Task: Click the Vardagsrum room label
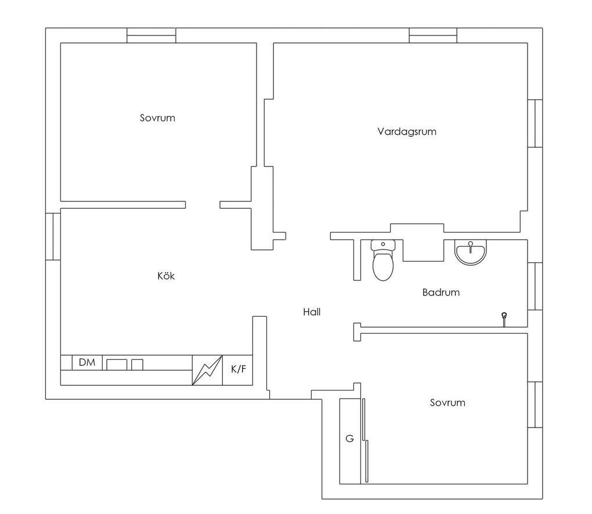click(407, 132)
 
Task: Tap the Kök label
click(166, 276)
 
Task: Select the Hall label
click(312, 312)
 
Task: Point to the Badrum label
click(441, 292)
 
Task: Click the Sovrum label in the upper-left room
click(157, 118)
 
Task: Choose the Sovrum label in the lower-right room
click(447, 403)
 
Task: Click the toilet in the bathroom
click(383, 260)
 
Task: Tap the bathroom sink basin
click(471, 252)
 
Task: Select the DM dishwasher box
click(87, 363)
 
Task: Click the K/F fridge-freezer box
click(238, 370)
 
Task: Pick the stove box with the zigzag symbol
click(207, 370)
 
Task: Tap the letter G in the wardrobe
click(349, 439)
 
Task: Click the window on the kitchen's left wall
click(53, 237)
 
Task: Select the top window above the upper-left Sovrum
click(151, 35)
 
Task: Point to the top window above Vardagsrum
click(433, 35)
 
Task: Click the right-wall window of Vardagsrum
click(535, 124)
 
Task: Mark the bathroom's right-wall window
click(535, 286)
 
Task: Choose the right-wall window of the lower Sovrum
click(535, 405)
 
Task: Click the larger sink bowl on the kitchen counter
click(117, 364)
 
